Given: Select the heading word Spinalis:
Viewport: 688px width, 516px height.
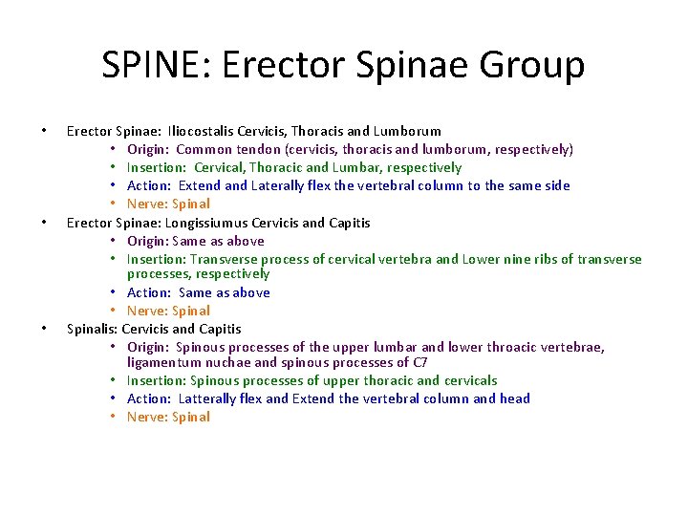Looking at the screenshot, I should [x=93, y=329].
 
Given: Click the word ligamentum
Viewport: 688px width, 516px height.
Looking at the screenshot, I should [x=168, y=362].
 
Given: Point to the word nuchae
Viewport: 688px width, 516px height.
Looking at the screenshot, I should [x=236, y=362].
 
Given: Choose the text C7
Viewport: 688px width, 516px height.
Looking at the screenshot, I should [x=419, y=362].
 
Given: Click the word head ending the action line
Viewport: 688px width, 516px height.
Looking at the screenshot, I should [x=515, y=398].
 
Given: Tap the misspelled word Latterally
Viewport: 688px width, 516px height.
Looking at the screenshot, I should [x=207, y=398].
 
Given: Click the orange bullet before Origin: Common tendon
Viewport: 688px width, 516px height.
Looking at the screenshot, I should [x=113, y=150].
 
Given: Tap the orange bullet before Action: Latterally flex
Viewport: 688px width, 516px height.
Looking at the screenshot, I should [x=113, y=399].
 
